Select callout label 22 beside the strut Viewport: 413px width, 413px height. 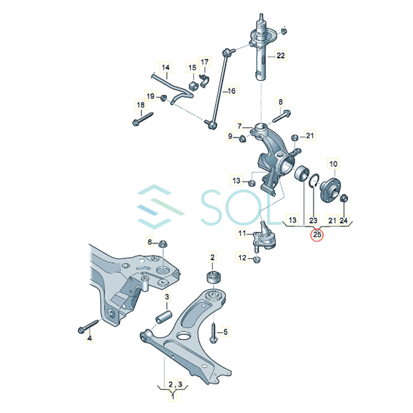pyautogui.click(x=280, y=55)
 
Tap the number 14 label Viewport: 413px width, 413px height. pyautogui.click(x=166, y=67)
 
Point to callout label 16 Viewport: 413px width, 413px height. pyautogui.click(x=232, y=91)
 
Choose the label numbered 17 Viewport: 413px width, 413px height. pyautogui.click(x=204, y=62)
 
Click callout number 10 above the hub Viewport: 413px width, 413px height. pyautogui.click(x=333, y=164)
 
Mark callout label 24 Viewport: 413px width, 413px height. pyautogui.click(x=343, y=220)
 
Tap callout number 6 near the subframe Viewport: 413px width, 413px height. pyautogui.click(x=150, y=242)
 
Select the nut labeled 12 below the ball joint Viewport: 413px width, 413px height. pyautogui.click(x=256, y=259)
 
